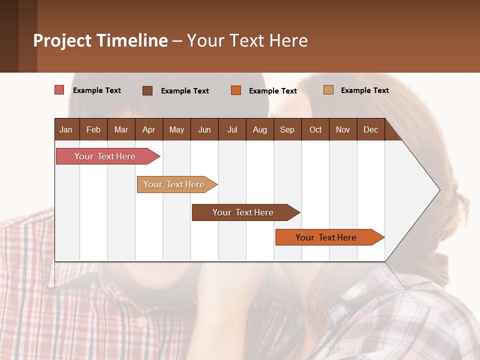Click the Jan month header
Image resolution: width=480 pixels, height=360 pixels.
(x=66, y=129)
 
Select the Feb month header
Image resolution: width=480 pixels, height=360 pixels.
(x=93, y=129)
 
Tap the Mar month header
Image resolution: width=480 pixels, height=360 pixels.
(x=121, y=129)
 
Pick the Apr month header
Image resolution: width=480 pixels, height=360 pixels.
(x=148, y=129)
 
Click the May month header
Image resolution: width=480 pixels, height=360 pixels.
(x=176, y=129)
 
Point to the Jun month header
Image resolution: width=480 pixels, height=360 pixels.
(x=204, y=129)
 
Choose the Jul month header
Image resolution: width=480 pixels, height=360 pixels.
(x=232, y=129)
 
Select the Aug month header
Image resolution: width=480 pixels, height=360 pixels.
(x=259, y=129)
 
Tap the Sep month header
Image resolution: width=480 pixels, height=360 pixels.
(x=287, y=129)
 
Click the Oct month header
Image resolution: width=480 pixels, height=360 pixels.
(x=315, y=129)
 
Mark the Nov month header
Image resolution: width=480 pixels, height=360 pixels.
(x=342, y=129)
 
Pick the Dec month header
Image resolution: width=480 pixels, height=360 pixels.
(x=370, y=129)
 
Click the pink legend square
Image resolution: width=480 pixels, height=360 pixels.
(x=59, y=90)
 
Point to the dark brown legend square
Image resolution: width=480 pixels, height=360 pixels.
(x=147, y=90)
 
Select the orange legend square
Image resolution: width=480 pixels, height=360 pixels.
(x=236, y=90)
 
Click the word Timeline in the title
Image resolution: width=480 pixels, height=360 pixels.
(x=132, y=40)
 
